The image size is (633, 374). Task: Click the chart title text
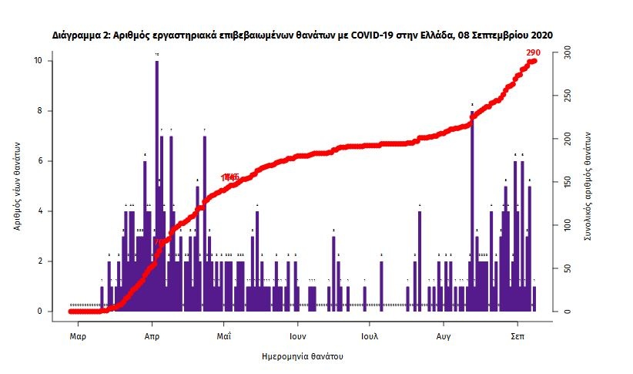point(303,35)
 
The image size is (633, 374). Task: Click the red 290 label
point(533,52)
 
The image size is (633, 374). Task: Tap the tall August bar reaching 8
point(471,208)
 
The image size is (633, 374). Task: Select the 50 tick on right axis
point(566,268)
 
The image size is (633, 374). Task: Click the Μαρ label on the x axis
point(77,337)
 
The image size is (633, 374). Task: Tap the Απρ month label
point(152,337)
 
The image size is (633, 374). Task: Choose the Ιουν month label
point(298,337)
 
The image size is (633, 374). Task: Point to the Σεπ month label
point(517,337)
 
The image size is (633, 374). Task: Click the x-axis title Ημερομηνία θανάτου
point(302,357)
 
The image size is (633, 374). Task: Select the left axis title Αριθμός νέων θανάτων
point(17,185)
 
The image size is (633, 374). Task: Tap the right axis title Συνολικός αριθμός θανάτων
point(588,185)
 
